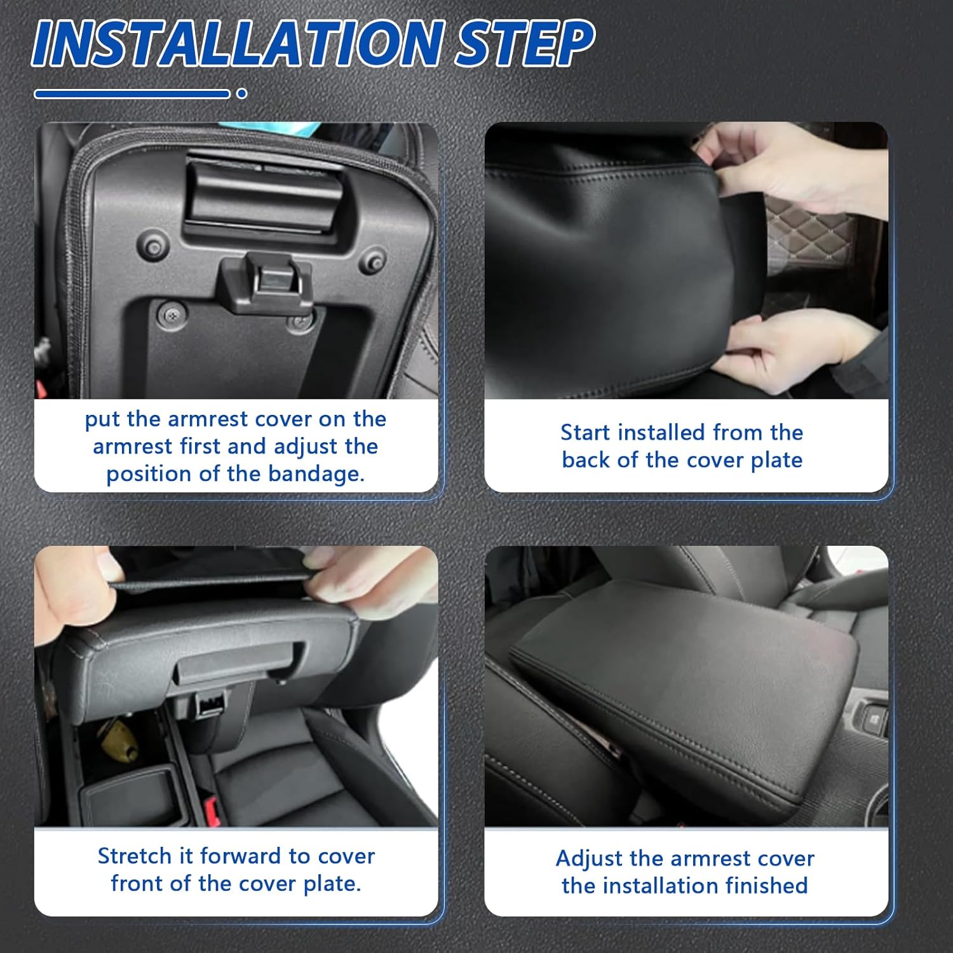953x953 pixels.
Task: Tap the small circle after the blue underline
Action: click(x=241, y=93)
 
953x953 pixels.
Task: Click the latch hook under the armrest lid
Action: click(x=266, y=283)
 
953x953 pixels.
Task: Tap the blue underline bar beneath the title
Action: click(x=132, y=94)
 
